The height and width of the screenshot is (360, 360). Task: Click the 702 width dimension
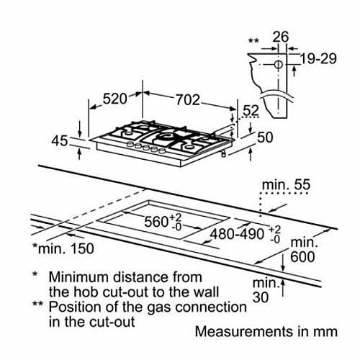[188, 100]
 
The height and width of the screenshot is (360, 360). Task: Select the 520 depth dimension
[114, 99]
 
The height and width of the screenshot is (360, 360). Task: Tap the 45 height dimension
[60, 141]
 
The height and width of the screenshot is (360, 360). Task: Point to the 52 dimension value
[251, 111]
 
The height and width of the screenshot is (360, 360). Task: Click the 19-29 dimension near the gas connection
[318, 59]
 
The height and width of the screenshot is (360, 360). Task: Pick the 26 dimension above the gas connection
[281, 37]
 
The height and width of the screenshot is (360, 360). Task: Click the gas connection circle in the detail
[278, 65]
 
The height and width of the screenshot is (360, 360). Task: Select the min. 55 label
[287, 185]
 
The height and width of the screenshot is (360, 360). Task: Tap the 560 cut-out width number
[156, 222]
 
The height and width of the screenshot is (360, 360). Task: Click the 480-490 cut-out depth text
[237, 233]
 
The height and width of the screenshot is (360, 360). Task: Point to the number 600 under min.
[302, 256]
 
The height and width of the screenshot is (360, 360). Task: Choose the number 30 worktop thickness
[261, 297]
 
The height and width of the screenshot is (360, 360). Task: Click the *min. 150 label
[63, 248]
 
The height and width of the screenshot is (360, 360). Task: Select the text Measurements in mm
[266, 331]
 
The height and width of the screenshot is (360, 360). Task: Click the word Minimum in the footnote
[79, 277]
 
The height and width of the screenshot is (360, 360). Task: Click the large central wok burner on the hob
[164, 138]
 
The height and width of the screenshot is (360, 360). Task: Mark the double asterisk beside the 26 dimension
[253, 40]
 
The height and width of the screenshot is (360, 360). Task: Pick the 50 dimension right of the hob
[265, 138]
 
